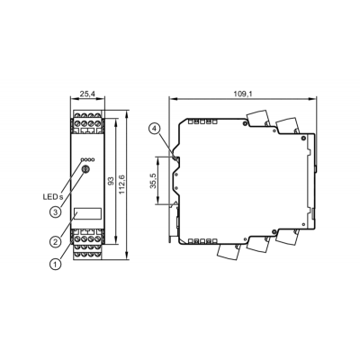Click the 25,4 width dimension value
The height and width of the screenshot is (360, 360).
tap(87, 94)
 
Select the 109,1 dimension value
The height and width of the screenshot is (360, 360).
tap(243, 94)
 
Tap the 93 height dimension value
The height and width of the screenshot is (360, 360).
tap(111, 181)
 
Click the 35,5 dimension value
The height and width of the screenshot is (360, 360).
tap(153, 181)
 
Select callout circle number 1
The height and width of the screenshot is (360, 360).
tap(55, 264)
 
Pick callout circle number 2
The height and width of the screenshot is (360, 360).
tap(55, 241)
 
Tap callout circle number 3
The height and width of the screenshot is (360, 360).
tap(55, 212)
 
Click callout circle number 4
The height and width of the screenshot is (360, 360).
tap(154, 129)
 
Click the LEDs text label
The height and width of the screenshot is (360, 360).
tap(53, 197)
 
